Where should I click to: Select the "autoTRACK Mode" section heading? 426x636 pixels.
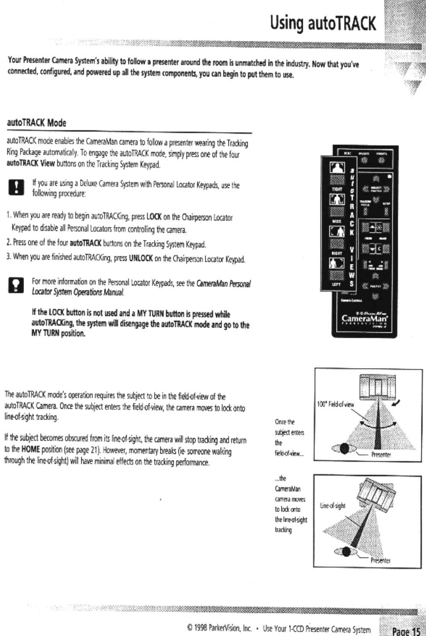[37, 123]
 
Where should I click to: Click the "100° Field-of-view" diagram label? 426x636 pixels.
[335, 403]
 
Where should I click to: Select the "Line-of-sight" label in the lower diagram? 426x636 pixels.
[332, 506]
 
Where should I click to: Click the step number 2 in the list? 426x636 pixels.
[9, 244]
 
